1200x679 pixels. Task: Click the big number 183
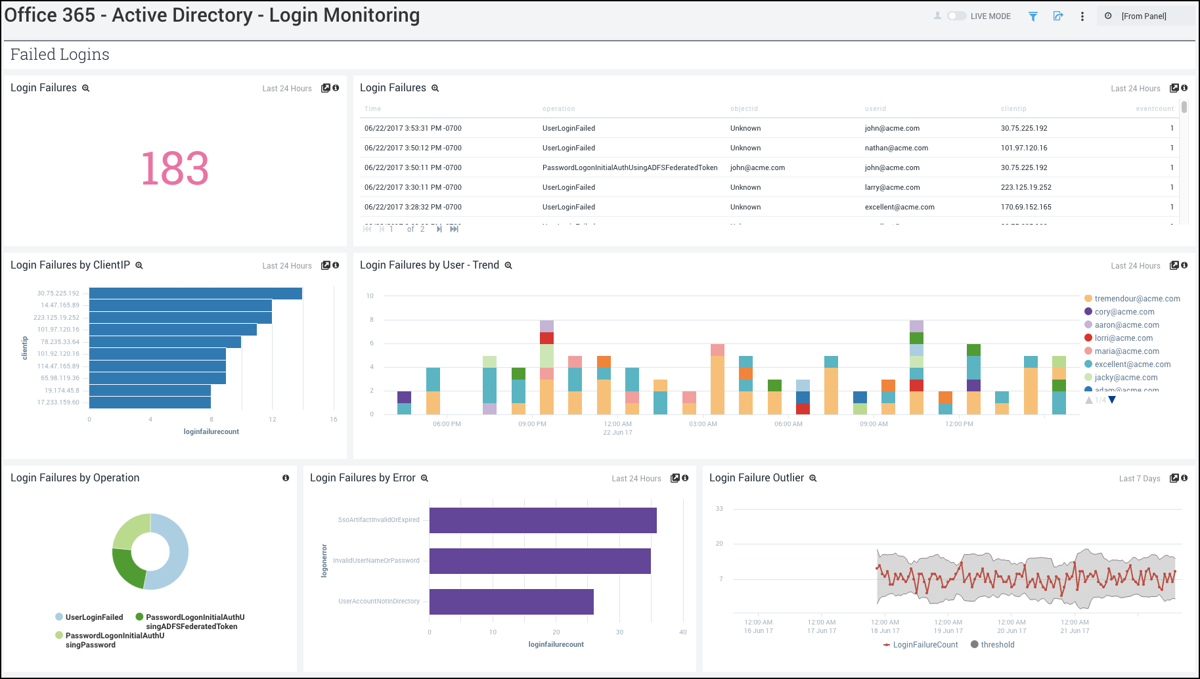[175, 168]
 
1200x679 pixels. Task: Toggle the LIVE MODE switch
[956, 16]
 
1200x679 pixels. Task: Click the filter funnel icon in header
[1033, 16]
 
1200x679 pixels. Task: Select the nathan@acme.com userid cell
[896, 148]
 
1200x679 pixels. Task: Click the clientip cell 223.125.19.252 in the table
[1026, 187]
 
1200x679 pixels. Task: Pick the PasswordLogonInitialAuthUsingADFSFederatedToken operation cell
[629, 167]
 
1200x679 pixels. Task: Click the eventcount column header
[1155, 109]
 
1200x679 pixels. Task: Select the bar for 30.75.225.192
[195, 294]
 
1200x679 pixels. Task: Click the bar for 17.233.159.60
[150, 403]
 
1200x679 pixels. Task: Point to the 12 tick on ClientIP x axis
[273, 419]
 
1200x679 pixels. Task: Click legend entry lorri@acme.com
[1123, 338]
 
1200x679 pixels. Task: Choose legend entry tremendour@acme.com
[1137, 299]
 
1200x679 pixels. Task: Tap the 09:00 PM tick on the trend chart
[532, 424]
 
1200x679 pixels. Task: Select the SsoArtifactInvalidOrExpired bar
[543, 520]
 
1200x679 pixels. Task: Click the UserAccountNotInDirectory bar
[511, 602]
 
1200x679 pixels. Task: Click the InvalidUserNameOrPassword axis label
[376, 561]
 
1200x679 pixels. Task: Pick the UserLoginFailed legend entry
[94, 617]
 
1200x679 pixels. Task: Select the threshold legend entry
[997, 645]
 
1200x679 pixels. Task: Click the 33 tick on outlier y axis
[719, 509]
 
